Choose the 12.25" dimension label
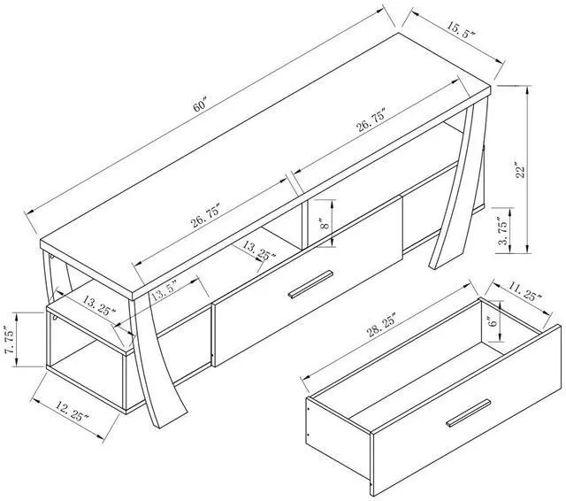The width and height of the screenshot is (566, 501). pyautogui.click(x=68, y=410)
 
